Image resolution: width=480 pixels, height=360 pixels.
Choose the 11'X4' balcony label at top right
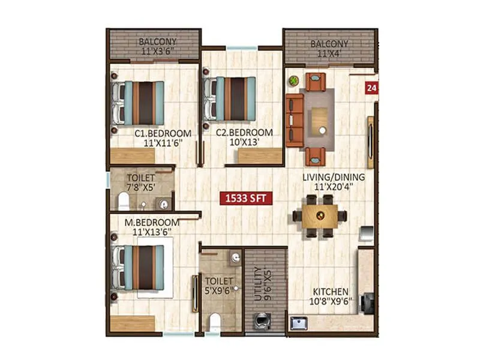point(329,49)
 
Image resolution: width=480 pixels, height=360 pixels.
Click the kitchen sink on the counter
point(298,324)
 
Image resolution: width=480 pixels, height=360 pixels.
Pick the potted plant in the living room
point(293,80)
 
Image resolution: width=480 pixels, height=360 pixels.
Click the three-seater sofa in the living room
point(293,120)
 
